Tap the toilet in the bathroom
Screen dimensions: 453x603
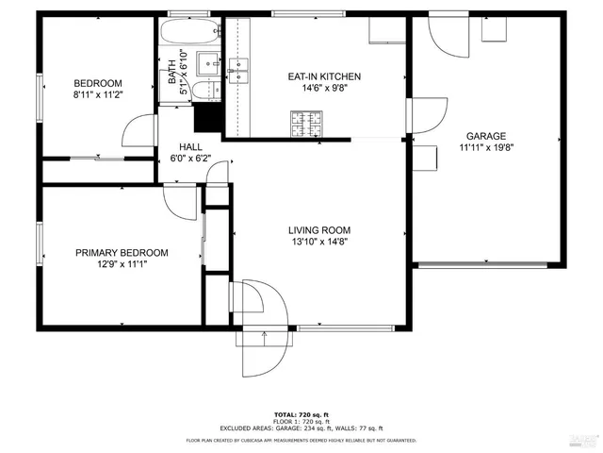point(204,92)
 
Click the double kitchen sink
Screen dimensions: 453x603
point(237,69)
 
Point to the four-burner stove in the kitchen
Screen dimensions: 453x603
point(305,121)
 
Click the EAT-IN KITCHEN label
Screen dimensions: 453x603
point(323,76)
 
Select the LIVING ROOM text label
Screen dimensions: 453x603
point(319,229)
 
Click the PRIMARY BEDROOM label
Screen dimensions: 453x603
point(122,252)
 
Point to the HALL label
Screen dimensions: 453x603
point(191,147)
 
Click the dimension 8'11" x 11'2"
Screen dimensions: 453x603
point(98,94)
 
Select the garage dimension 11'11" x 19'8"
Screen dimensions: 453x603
point(485,147)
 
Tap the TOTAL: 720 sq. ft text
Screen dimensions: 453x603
point(301,415)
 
